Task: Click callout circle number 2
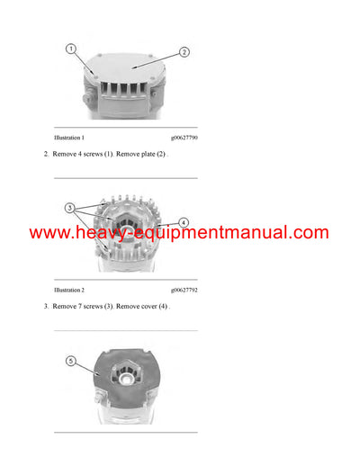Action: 184,52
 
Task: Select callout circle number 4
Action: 184,221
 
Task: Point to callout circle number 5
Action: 71,363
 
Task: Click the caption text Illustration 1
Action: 69,138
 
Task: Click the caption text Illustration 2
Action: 69,291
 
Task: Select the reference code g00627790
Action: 184,138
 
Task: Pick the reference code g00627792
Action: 184,291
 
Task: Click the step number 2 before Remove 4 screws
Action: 46,154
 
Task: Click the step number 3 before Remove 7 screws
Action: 46,307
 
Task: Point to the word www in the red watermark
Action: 49,234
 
